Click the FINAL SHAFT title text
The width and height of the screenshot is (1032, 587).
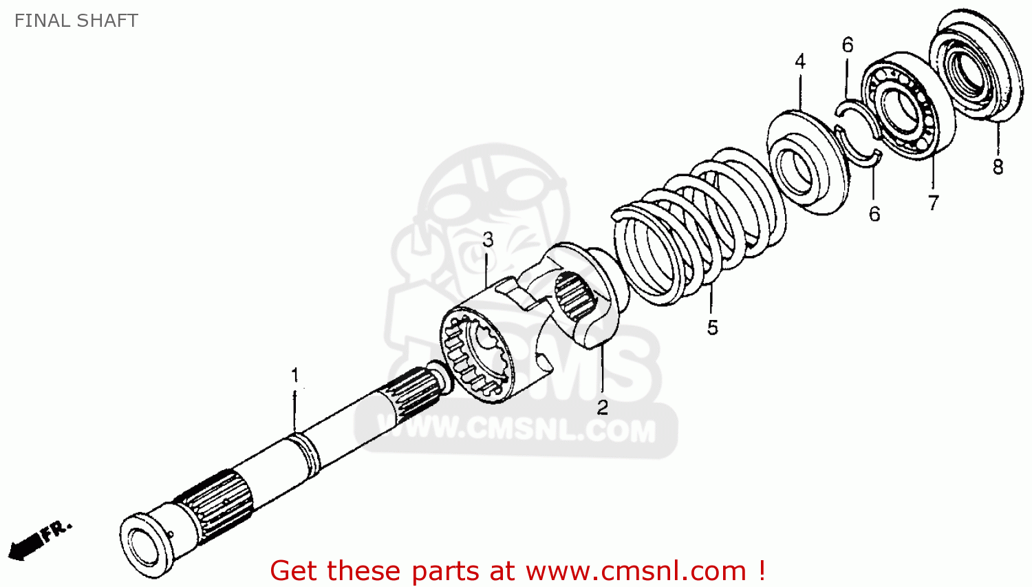tap(76, 21)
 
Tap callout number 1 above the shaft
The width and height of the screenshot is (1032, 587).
tap(295, 375)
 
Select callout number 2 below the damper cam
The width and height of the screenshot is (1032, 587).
tap(602, 407)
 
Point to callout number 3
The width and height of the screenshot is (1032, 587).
tap(488, 239)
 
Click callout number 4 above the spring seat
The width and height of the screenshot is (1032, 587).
tap(799, 61)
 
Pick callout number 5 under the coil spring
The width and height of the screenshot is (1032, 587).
tap(712, 328)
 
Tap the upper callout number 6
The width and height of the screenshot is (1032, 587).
tap(847, 45)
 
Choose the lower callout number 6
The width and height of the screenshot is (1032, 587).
tap(874, 214)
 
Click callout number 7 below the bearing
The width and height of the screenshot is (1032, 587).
tap(933, 203)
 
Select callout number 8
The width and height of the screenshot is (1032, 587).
tap(998, 167)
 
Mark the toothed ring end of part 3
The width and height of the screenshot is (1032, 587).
tap(475, 355)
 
